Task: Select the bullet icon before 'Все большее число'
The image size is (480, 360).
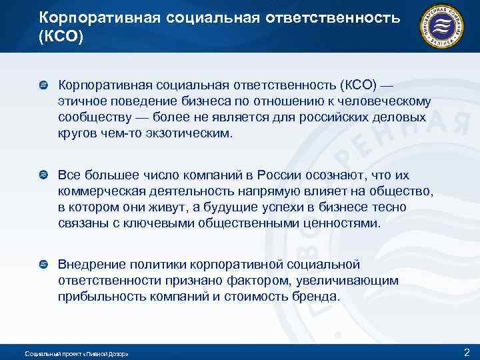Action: (44, 175)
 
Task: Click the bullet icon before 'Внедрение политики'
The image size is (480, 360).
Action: (44, 265)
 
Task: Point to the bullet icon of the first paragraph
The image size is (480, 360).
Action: (44, 85)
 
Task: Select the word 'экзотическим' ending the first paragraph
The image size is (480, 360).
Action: (193, 133)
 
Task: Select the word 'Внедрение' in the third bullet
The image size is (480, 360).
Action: (89, 265)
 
